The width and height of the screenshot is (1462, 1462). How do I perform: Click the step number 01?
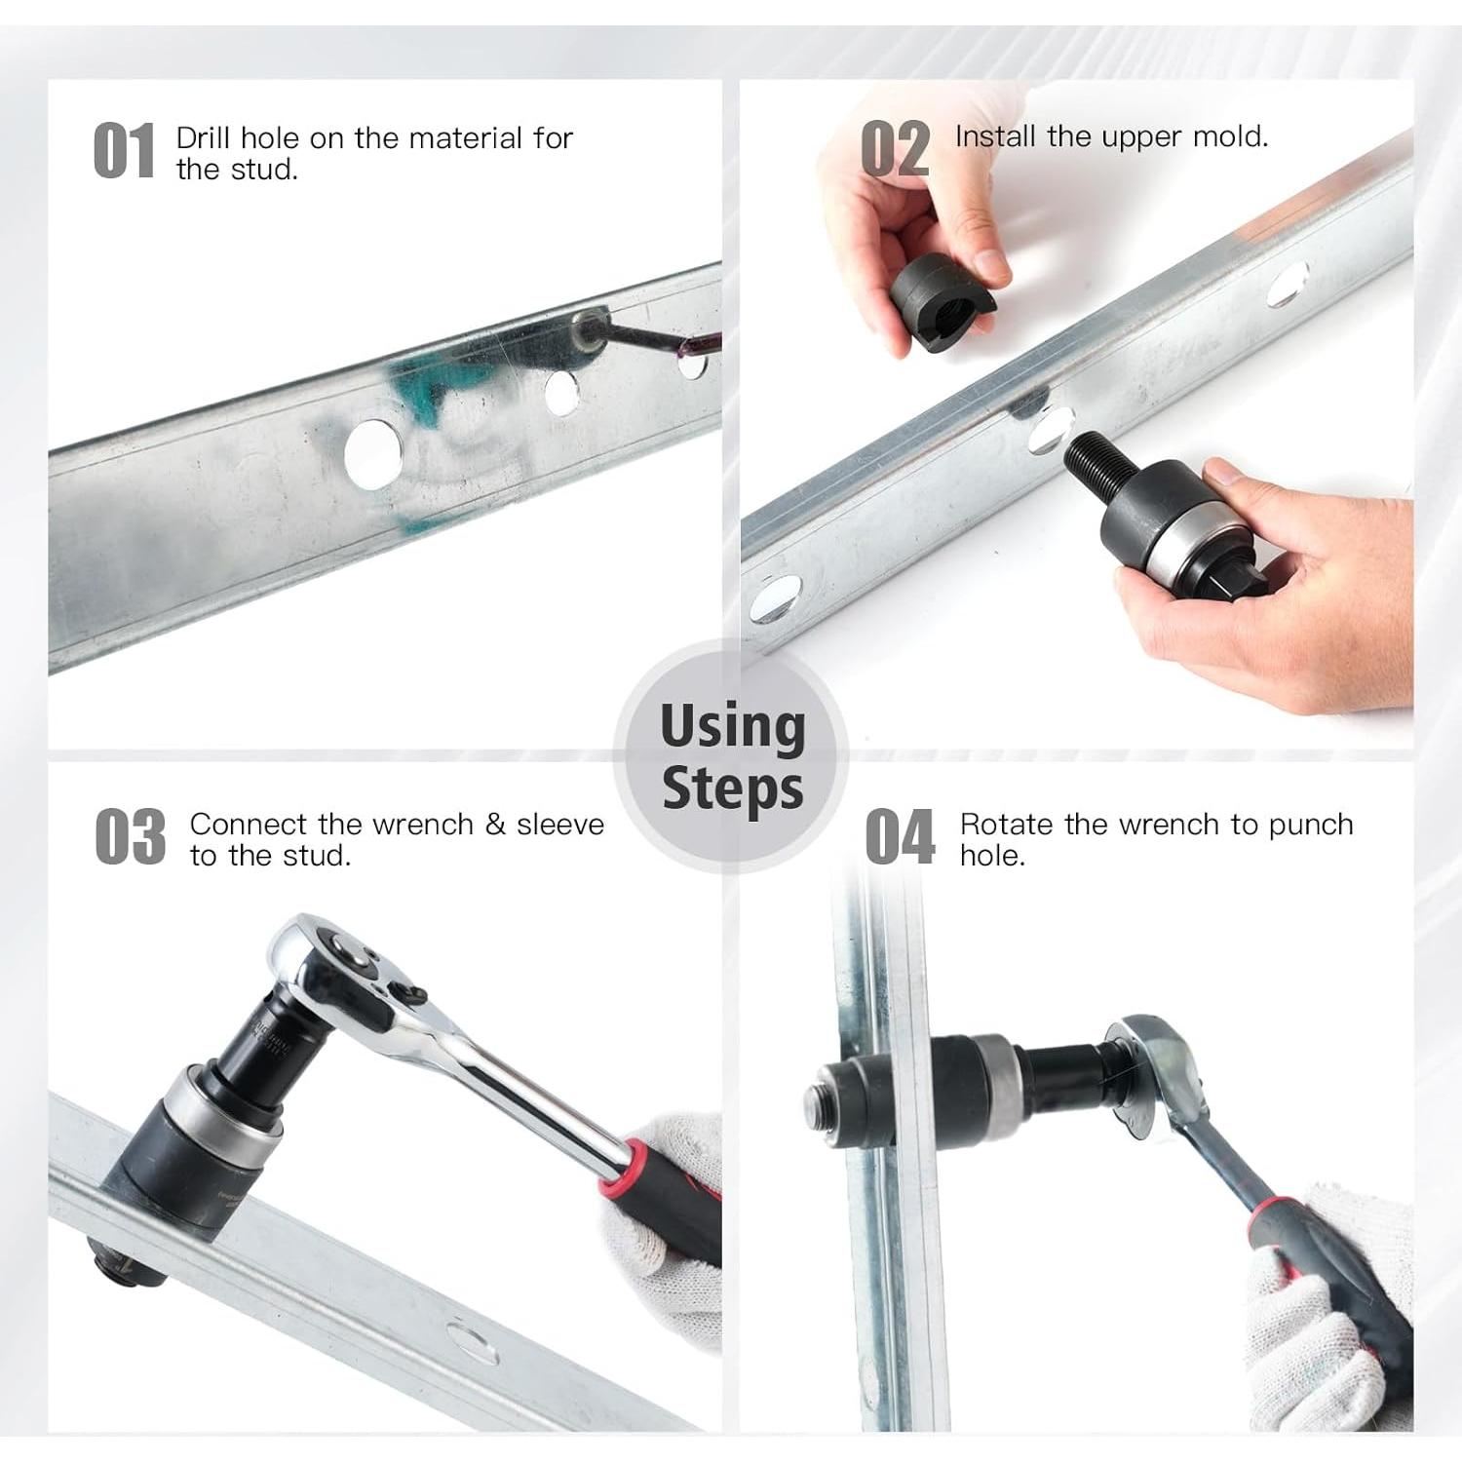coord(124,151)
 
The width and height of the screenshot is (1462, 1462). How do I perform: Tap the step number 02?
coord(895,149)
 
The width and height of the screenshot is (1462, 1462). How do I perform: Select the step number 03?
coord(131,836)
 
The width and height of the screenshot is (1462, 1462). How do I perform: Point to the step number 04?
coord(900,836)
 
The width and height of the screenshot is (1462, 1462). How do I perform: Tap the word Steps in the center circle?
coord(733,788)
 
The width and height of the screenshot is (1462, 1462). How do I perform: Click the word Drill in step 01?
coord(204,137)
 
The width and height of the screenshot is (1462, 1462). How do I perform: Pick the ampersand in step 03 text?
coord(495,825)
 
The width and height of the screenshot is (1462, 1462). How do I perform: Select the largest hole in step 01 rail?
coord(373,453)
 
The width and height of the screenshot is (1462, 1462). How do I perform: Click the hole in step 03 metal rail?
coord(473,1341)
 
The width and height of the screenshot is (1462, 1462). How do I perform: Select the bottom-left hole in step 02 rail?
coord(776,598)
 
